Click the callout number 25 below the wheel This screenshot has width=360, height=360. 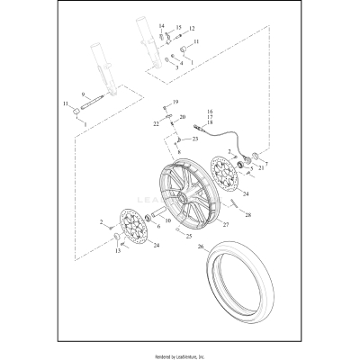point(188,236)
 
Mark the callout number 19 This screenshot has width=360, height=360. point(175,102)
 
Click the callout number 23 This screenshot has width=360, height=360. point(194,139)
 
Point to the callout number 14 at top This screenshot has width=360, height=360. point(162,27)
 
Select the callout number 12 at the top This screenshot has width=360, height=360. point(191,29)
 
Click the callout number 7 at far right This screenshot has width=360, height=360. point(265,165)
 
